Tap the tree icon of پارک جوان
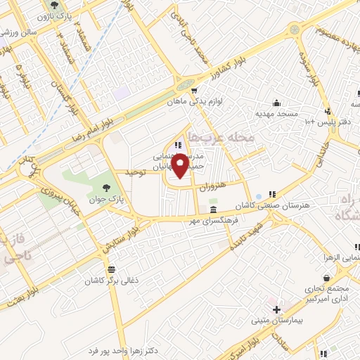(x=106, y=188)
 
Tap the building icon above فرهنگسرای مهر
(x=213, y=210)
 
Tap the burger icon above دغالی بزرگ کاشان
(x=111, y=269)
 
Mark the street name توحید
(x=134, y=172)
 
